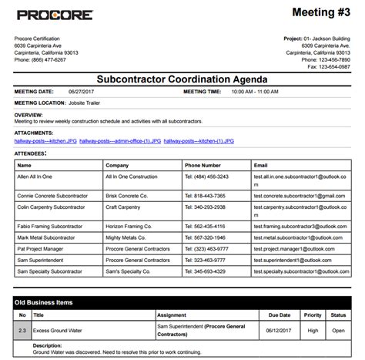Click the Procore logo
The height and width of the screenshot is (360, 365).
pos(54,15)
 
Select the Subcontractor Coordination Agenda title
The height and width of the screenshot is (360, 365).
pos(182,79)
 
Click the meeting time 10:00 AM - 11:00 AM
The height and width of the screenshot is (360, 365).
pos(254,92)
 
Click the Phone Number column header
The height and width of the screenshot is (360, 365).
pos(203,165)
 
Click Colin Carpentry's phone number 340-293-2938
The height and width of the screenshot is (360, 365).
pos(205,207)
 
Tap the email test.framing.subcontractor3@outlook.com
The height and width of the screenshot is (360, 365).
pos(296,227)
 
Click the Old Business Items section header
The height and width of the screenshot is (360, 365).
pos(45,303)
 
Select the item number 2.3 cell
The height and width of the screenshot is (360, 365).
pos(22,330)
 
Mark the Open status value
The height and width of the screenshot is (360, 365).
pos(338,330)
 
